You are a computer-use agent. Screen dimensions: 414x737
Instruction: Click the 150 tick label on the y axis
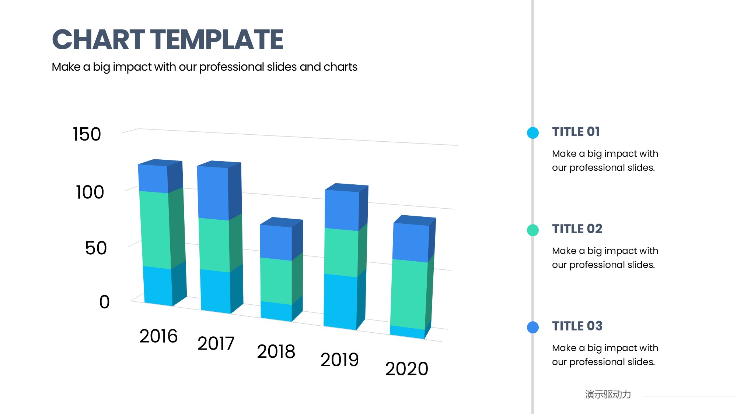point(87,134)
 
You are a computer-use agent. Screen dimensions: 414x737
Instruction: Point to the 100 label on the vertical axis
point(90,192)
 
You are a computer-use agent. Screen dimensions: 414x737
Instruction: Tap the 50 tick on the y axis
point(96,248)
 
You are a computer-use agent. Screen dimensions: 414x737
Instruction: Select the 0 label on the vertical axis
point(104,302)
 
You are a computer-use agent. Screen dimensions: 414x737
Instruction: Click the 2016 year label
point(158,336)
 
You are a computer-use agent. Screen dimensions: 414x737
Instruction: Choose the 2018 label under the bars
point(276,351)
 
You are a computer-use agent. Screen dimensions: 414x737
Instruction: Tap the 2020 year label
point(406,369)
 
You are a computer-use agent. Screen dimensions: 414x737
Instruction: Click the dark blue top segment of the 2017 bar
point(213,192)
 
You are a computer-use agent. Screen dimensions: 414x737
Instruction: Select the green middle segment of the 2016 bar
point(155,229)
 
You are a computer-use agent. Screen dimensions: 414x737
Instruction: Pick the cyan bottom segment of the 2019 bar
point(340,301)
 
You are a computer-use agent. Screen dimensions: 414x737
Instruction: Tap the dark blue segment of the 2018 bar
point(276,242)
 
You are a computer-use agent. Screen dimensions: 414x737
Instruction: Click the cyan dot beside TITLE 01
point(533,133)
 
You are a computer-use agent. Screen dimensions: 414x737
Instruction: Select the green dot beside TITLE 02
point(533,230)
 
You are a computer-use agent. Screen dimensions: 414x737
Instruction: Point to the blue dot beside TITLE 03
point(533,327)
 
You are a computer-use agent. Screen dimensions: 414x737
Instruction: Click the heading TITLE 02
point(577,229)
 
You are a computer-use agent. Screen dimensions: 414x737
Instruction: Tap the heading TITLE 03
point(577,326)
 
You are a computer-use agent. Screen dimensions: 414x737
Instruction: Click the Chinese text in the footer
point(608,394)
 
